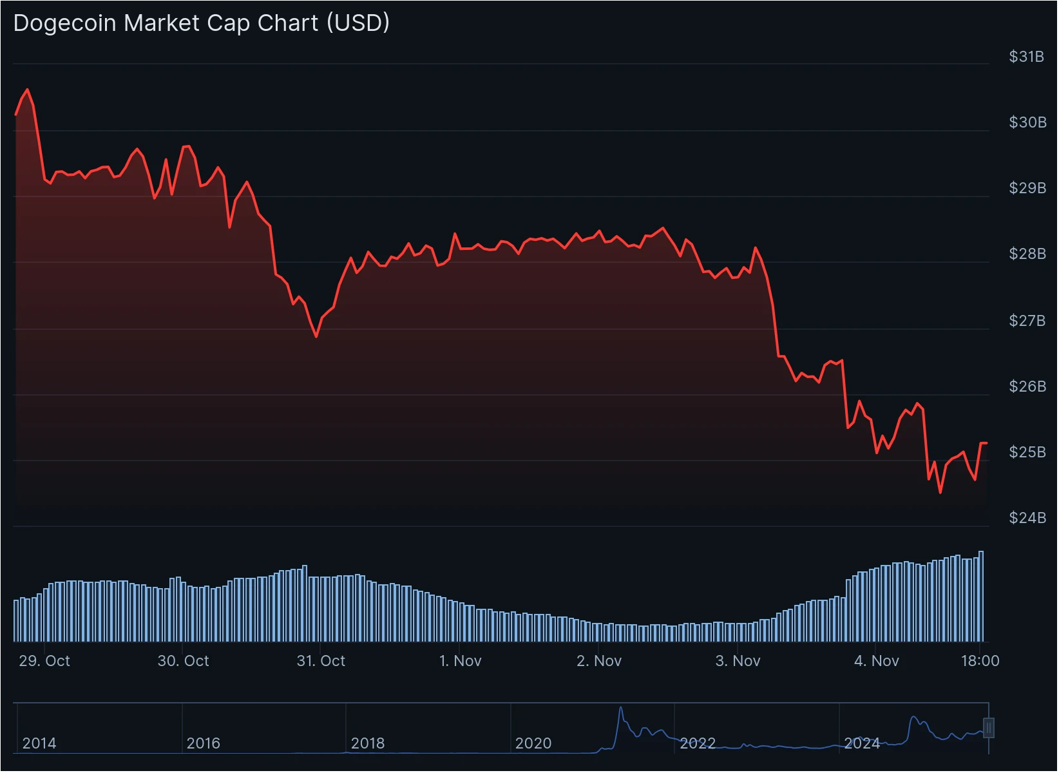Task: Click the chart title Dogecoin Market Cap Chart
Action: coord(201,23)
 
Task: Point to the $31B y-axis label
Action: coord(1026,57)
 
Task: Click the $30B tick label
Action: coord(1027,122)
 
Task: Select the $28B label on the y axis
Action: coord(1027,254)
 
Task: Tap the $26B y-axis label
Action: coord(1027,386)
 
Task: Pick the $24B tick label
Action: coord(1027,517)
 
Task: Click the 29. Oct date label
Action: coord(44,661)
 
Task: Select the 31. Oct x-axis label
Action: coord(321,661)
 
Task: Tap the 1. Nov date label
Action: coord(460,661)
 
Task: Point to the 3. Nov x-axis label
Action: coord(738,661)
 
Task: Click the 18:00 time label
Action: coord(980,661)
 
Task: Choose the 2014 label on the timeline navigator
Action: coord(39,743)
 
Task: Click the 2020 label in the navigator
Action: coord(533,743)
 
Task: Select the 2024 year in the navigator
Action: coord(862,743)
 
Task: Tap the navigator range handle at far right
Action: coord(988,728)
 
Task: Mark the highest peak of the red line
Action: coord(27,90)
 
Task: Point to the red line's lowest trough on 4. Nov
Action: coord(940,493)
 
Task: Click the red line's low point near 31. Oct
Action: coord(316,336)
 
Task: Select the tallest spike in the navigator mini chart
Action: coord(621,708)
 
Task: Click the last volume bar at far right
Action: coord(981,596)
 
